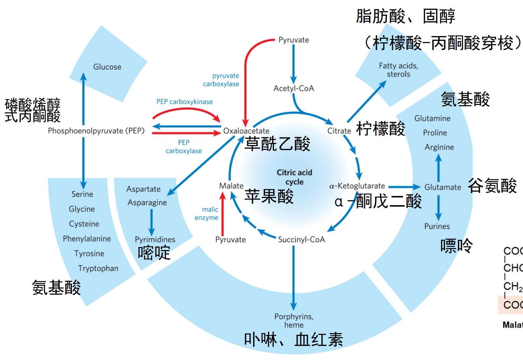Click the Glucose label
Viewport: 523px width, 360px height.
107,67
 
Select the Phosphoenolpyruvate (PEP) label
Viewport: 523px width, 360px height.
96,130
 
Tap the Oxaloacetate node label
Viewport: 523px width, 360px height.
246,131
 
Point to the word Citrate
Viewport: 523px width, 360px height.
339,131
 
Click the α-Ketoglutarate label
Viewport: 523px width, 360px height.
357,186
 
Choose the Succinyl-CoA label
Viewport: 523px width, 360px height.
301,239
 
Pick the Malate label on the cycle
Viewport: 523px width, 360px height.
231,186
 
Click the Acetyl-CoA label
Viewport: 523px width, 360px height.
294,88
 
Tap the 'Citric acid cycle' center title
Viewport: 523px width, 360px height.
294,177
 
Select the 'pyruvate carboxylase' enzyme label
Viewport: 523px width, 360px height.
221,80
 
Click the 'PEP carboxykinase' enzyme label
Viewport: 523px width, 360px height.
185,102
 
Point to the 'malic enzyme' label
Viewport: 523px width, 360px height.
207,214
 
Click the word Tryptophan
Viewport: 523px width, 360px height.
98,268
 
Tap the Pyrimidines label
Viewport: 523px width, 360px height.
155,239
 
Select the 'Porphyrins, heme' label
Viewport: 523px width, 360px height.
294,320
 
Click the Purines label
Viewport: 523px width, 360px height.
437,226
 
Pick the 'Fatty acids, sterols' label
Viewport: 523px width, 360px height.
399,70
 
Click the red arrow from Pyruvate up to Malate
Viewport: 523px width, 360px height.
222,215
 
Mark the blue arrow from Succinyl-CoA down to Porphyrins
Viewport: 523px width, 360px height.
294,278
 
